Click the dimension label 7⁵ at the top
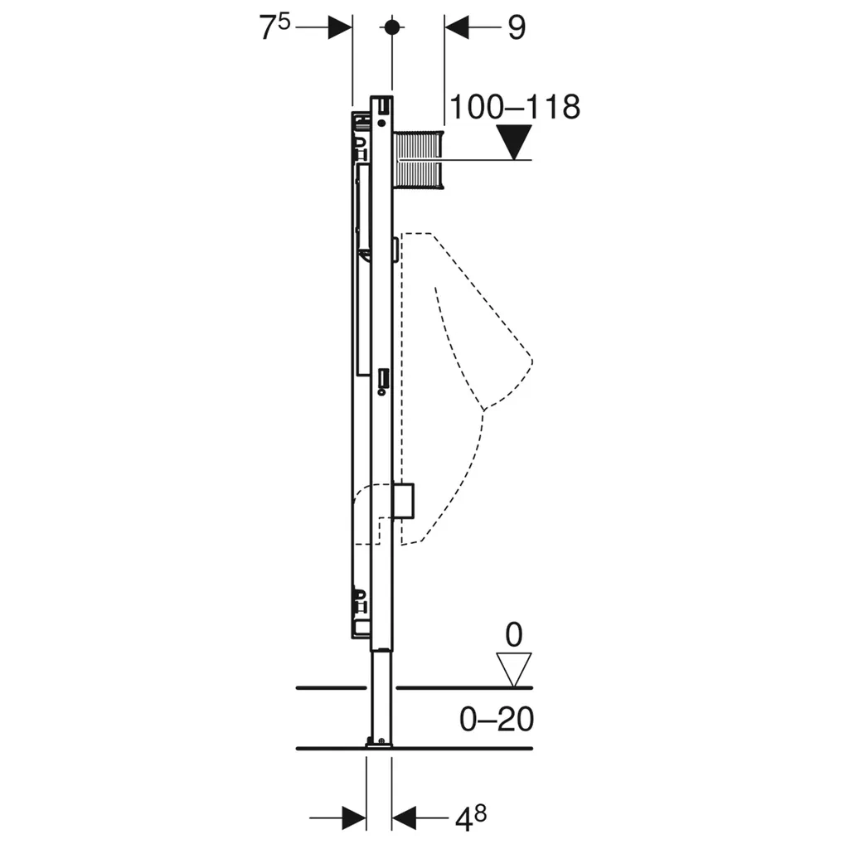(275, 27)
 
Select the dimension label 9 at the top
(517, 27)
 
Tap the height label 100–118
(515, 107)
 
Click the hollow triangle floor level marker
(514, 670)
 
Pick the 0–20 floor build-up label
(497, 720)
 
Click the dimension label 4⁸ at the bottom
(471, 819)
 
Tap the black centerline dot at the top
(392, 27)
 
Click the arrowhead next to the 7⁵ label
(340, 27)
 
